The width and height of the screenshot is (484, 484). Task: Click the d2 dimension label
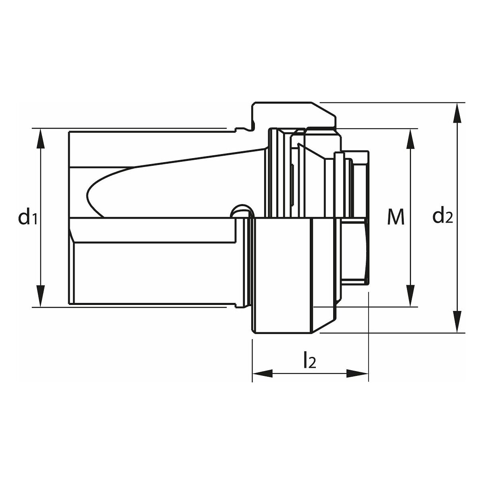[x=442, y=217]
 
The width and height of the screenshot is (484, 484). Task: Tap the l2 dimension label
[x=309, y=360]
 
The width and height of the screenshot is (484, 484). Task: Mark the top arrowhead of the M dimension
[x=411, y=139]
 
